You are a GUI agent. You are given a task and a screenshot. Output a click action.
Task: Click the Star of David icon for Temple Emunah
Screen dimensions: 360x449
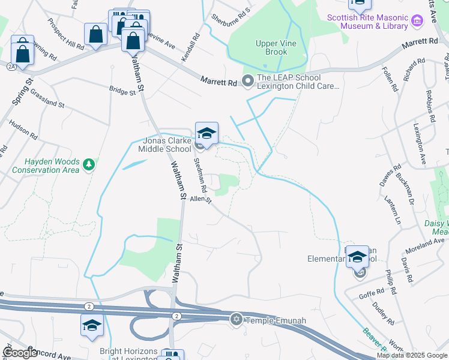pyautogui.click(x=236, y=319)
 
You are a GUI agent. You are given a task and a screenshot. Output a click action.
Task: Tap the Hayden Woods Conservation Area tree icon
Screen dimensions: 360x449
pyautogui.click(x=89, y=164)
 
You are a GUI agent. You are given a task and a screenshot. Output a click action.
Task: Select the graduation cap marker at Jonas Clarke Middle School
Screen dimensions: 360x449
pyautogui.click(x=206, y=134)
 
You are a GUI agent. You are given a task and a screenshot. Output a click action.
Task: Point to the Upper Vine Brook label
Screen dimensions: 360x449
pyautogui.click(x=271, y=47)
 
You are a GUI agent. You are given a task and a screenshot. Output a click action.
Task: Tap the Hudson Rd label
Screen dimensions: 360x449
pyautogui.click(x=23, y=130)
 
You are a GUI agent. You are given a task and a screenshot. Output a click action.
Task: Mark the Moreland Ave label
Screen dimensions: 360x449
pyautogui.click(x=424, y=243)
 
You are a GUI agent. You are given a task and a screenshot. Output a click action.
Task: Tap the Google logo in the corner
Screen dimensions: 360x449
pyautogui.click(x=21, y=353)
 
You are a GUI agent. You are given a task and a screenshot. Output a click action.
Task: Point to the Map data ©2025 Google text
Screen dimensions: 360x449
pyautogui.click(x=412, y=355)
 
